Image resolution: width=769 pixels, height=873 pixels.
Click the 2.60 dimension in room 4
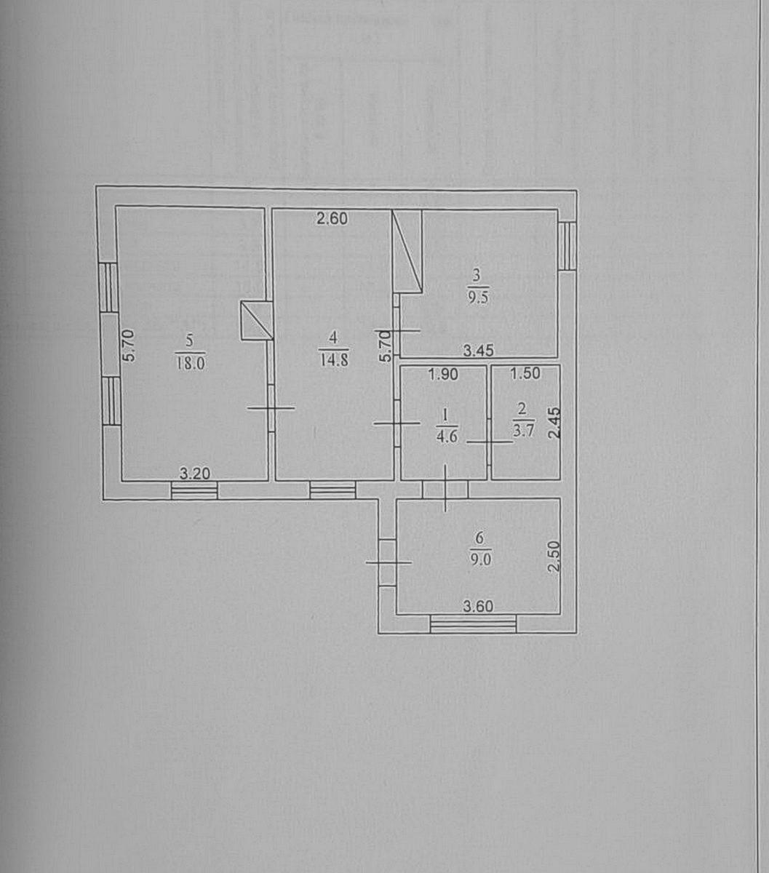tap(332, 218)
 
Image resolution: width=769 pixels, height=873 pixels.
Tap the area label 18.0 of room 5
tap(191, 363)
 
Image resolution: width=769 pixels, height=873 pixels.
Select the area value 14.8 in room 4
tap(334, 359)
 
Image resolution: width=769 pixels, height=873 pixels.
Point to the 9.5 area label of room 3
tap(479, 298)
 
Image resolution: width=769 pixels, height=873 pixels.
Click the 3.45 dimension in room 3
tap(479, 351)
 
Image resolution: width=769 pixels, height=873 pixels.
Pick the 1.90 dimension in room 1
tap(443, 374)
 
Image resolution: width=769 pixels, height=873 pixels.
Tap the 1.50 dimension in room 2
tap(525, 373)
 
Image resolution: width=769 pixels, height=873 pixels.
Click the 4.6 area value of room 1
tap(447, 439)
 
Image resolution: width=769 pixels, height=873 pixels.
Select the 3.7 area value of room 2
tap(524, 431)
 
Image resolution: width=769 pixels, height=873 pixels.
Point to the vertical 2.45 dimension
tap(555, 423)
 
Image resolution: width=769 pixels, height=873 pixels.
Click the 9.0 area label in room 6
tap(480, 559)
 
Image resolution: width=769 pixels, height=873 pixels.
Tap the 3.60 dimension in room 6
tap(478, 606)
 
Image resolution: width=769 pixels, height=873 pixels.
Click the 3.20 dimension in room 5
tap(195, 474)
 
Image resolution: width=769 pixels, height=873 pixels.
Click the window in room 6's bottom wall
tap(474, 624)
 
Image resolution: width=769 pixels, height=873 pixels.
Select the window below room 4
tap(332, 490)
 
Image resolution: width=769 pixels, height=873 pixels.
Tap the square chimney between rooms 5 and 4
tap(257, 321)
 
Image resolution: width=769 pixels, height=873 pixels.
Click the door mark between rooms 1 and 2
tap(490, 442)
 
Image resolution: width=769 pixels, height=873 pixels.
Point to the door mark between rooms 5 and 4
tap(271, 407)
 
